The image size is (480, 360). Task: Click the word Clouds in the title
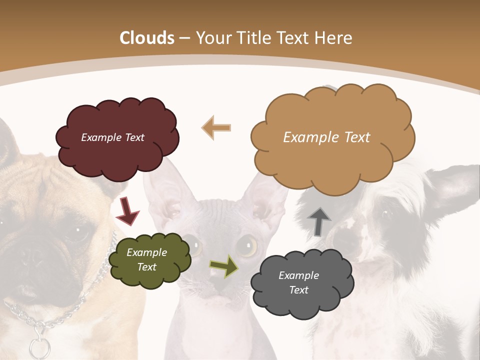click(147, 38)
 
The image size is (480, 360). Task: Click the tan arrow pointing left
click(216, 128)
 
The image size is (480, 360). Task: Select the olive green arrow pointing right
click(224, 265)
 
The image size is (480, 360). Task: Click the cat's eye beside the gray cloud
click(246, 245)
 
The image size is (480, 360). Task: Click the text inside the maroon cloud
click(112, 137)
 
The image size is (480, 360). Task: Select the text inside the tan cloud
click(326, 137)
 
